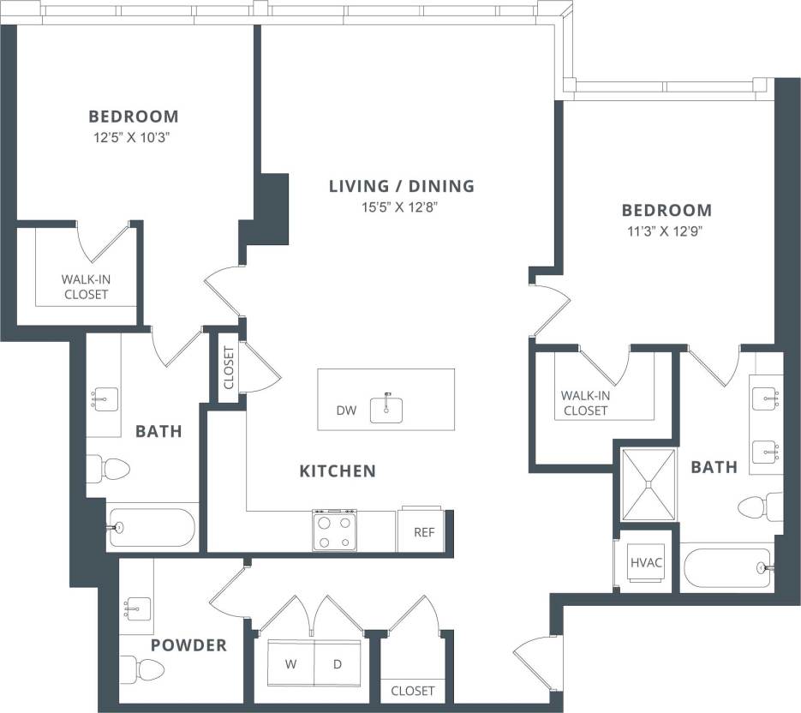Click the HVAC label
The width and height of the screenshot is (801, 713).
pos(647,563)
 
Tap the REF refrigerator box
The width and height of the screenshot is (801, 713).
pos(424,532)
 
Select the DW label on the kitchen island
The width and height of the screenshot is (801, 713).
pos(346,411)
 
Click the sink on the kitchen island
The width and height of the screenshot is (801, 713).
pos(386,409)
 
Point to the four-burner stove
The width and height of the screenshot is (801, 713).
pos(334,530)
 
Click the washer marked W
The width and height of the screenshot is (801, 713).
pos(290,663)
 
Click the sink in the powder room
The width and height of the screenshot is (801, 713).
pos(136,608)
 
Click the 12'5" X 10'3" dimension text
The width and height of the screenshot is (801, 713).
pos(134,136)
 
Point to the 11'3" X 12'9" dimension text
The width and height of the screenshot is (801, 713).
pos(667,231)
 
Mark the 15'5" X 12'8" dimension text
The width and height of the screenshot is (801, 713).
pos(402,207)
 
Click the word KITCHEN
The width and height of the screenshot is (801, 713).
pos(337,470)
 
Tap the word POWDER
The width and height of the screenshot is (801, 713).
pos(188,645)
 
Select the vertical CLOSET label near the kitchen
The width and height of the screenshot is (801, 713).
pos(228,368)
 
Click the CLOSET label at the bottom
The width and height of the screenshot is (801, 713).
pos(412,691)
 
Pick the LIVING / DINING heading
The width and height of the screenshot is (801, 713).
pos(402,186)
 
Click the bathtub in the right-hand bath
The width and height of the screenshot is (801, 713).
pos(727,566)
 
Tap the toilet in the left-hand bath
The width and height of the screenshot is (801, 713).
pos(109,469)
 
